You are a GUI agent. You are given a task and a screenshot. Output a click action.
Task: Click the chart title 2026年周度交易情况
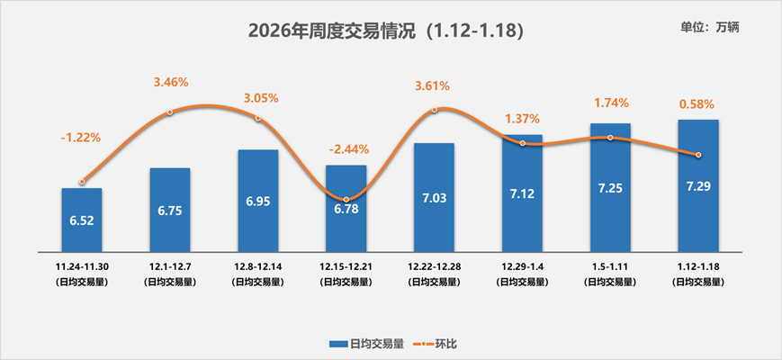[x=384, y=31]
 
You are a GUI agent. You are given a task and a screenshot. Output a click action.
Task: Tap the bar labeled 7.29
[x=698, y=184]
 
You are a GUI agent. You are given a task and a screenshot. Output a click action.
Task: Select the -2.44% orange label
[x=346, y=148]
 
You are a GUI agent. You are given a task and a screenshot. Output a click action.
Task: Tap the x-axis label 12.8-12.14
[x=257, y=267]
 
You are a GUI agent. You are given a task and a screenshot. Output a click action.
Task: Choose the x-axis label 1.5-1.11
[x=610, y=267]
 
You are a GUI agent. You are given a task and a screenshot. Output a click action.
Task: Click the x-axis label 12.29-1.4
[x=522, y=267]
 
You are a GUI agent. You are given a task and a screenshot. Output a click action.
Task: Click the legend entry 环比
[x=439, y=343]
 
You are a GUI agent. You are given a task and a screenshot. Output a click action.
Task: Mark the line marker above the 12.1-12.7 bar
[x=170, y=112]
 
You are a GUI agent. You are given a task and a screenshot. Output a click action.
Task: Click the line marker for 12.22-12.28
[x=435, y=110]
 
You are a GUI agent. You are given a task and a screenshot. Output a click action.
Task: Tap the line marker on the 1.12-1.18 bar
[x=698, y=155]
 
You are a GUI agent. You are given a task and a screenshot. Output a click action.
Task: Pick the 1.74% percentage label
[x=611, y=103]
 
